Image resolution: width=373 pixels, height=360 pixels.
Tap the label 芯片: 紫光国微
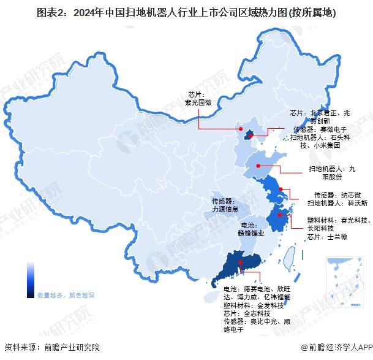198,99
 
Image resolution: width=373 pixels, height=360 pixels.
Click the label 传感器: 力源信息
225,205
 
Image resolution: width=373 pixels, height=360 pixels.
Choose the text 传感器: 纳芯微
328,194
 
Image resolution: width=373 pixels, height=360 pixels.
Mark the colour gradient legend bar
30,280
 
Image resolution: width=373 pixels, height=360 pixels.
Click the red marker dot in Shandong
258,166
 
